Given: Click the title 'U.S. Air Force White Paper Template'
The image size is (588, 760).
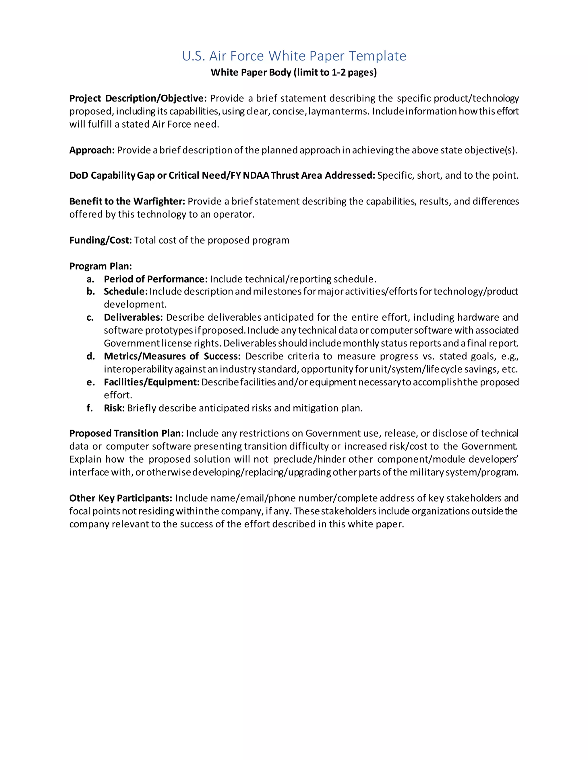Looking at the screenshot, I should [x=294, y=56].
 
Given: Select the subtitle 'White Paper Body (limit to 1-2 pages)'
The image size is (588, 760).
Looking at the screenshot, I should [x=294, y=72].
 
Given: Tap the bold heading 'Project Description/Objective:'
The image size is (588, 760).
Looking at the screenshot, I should [x=138, y=98].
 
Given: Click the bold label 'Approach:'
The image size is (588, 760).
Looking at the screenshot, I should [x=92, y=150].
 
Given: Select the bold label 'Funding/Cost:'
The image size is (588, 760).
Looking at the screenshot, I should [x=100, y=240].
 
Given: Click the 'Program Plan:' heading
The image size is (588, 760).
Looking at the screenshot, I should [x=100, y=266].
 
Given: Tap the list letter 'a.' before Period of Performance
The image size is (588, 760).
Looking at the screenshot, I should [x=90, y=279].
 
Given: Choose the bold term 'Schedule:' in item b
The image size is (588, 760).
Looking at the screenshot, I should [x=125, y=292].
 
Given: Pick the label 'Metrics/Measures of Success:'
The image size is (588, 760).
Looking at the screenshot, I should [x=172, y=356].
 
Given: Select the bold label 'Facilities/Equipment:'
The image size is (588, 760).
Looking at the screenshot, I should [x=152, y=382].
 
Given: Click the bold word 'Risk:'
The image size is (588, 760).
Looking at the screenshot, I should [x=114, y=408].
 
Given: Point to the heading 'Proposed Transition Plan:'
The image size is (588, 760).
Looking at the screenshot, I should [x=126, y=434].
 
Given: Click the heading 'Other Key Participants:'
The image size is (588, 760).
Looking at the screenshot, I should [x=121, y=498].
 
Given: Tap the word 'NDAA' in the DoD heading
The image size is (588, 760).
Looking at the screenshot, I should [x=256, y=176].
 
